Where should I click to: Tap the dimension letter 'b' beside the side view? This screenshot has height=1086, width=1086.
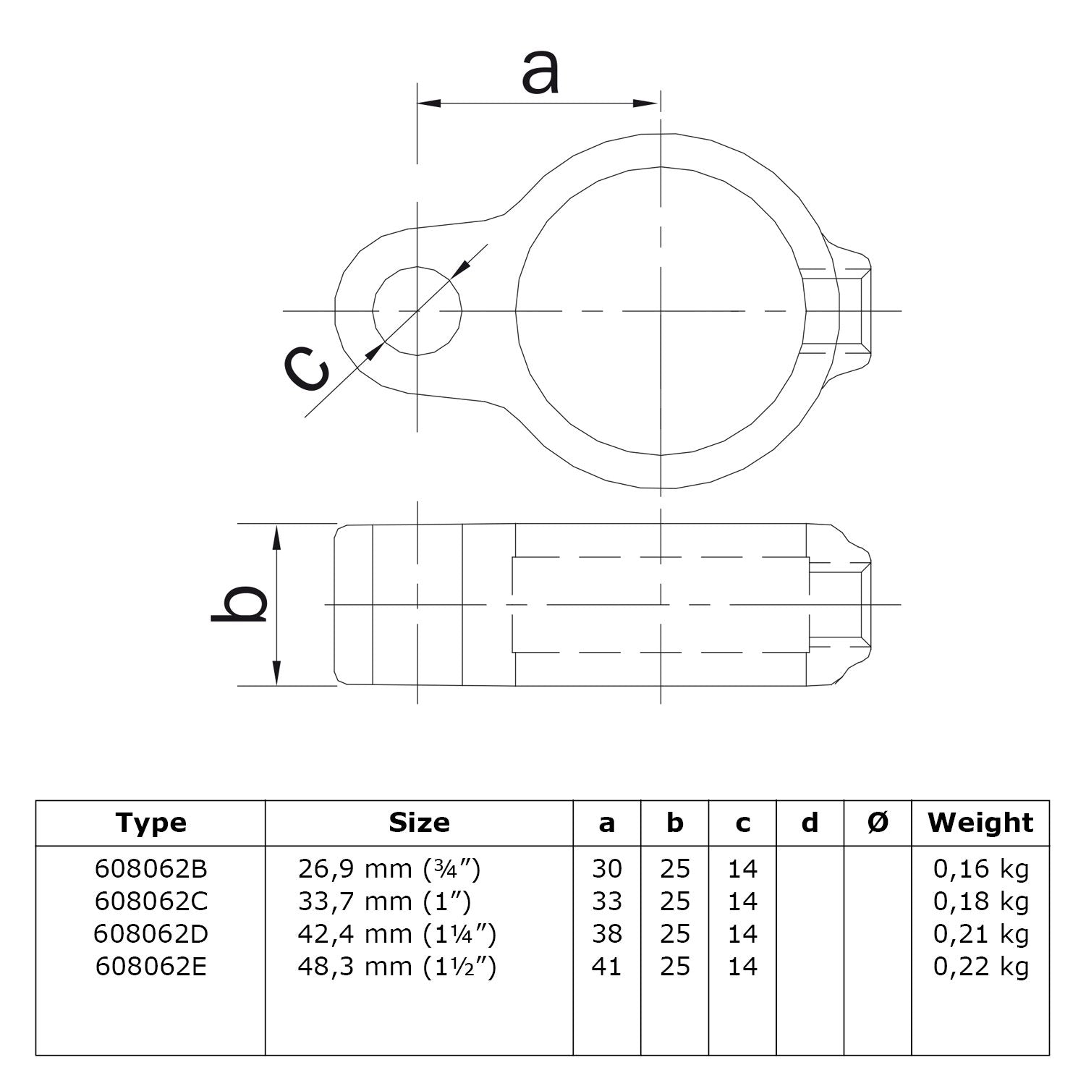[239, 604]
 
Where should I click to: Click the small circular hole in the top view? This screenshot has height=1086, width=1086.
[417, 311]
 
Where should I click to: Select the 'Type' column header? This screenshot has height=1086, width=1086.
[150, 823]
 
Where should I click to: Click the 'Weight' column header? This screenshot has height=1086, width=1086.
[980, 823]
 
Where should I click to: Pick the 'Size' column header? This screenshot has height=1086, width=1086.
[419, 823]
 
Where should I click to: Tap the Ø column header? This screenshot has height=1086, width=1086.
[878, 823]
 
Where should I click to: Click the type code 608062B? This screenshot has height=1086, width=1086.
[150, 868]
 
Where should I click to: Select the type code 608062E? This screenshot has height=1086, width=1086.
[150, 967]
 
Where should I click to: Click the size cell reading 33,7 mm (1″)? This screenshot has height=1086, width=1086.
[384, 902]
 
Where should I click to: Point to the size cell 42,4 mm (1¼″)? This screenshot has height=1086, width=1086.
[396, 934]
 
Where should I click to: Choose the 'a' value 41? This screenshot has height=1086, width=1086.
[606, 967]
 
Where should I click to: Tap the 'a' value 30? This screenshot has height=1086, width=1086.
[606, 868]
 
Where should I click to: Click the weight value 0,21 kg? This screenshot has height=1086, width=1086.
[980, 934]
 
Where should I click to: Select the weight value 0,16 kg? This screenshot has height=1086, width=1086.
[980, 868]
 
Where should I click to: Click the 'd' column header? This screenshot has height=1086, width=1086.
[810, 823]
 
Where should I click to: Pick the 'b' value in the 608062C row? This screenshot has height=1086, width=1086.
[674, 902]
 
